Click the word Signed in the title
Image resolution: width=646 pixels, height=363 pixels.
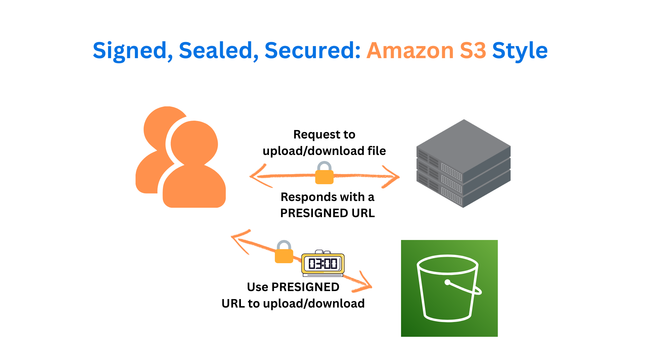(130, 51)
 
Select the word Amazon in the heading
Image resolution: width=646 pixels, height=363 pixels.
(410, 51)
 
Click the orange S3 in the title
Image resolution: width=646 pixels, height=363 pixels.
(473, 51)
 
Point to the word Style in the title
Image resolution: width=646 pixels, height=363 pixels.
(520, 51)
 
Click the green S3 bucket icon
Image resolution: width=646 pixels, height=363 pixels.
(449, 288)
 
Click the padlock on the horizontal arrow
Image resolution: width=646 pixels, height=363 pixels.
(324, 173)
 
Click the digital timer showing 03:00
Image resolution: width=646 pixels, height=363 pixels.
(323, 263)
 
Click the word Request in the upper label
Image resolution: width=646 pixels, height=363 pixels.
(312, 134)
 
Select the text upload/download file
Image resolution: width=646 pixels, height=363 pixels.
(324, 151)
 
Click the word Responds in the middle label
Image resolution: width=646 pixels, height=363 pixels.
(309, 197)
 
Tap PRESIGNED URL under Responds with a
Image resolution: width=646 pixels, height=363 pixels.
(327, 213)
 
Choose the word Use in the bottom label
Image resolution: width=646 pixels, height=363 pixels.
(257, 287)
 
